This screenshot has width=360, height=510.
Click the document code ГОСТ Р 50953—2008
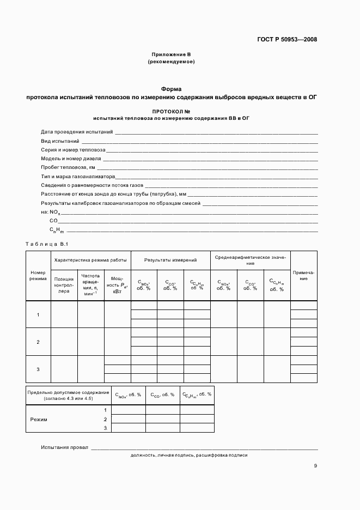(x=287, y=39)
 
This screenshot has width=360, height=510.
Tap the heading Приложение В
(x=171, y=54)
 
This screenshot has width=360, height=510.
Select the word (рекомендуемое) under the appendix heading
(x=171, y=62)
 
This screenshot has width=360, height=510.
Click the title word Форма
(x=171, y=89)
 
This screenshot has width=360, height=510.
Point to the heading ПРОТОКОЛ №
(x=171, y=111)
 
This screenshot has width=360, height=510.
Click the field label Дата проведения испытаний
(x=77, y=132)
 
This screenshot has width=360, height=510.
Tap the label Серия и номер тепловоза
(x=73, y=149)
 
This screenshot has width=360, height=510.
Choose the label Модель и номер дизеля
(x=71, y=159)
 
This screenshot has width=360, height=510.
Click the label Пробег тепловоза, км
(x=68, y=167)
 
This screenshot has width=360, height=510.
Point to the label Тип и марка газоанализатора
(x=78, y=177)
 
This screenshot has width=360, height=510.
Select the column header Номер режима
(x=38, y=275)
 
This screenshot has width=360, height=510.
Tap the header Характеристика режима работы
(x=90, y=260)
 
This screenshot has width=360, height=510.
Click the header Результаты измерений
(x=170, y=260)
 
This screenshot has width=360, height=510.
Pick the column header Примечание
(x=303, y=275)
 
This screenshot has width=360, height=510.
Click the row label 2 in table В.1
(x=38, y=342)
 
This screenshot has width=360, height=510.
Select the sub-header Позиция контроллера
(x=64, y=285)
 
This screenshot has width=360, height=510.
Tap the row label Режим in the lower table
(x=39, y=420)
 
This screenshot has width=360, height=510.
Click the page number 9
(x=315, y=465)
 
